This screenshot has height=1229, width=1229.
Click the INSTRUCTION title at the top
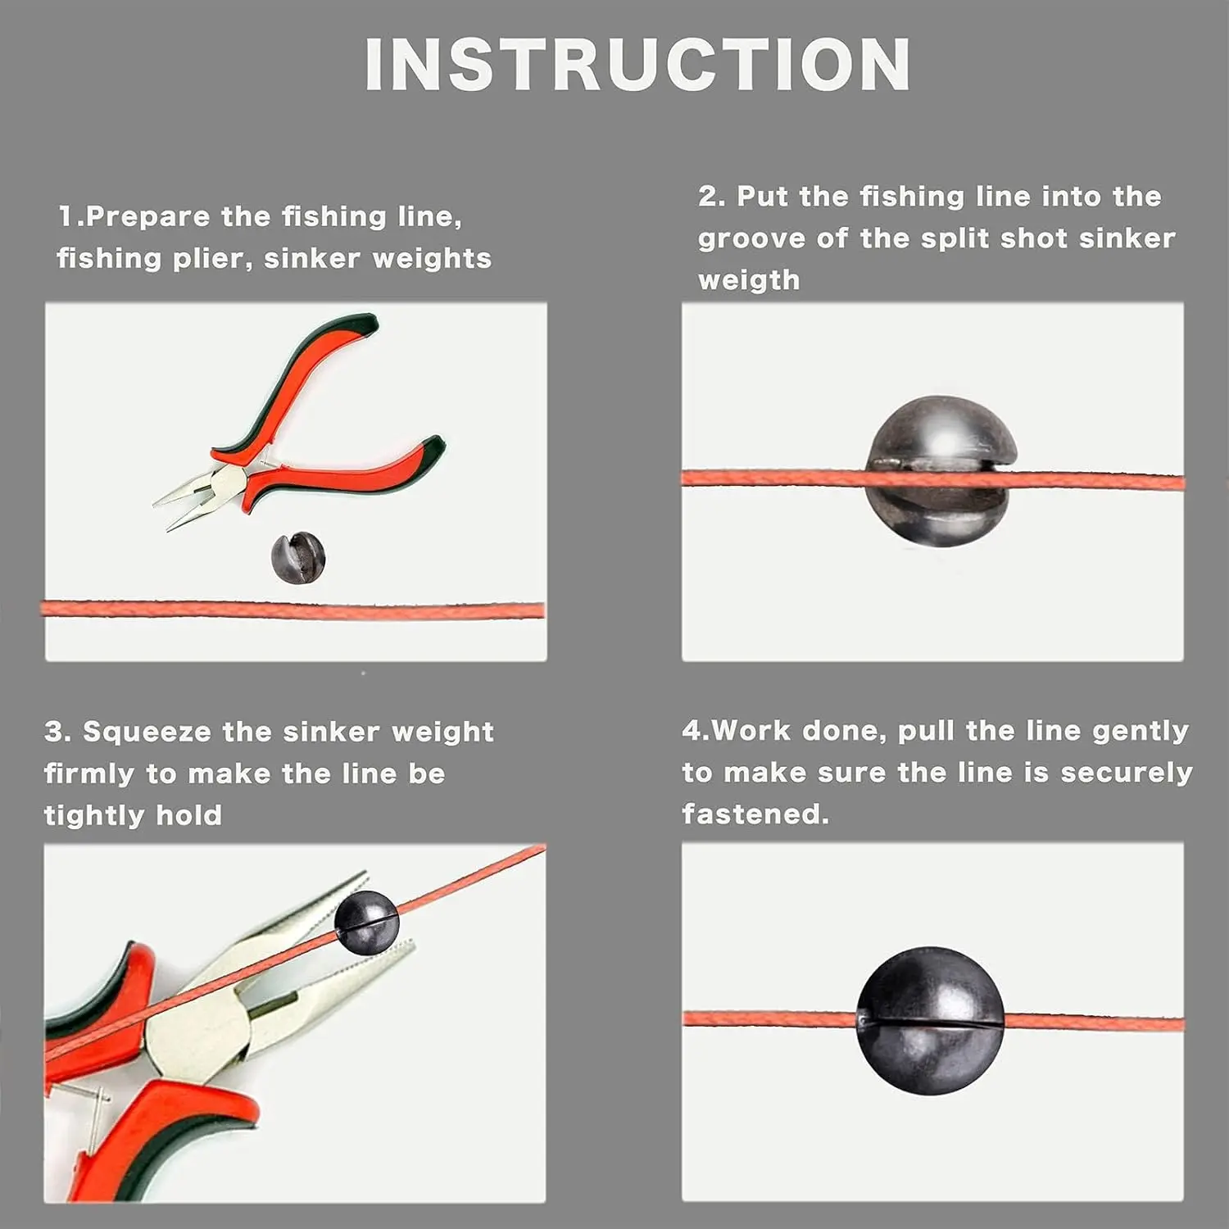click(637, 65)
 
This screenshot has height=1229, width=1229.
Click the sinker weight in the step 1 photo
click(298, 557)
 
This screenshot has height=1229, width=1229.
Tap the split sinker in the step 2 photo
click(942, 471)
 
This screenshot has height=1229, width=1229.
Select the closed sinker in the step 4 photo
click(930, 1021)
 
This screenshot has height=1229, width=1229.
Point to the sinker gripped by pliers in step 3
click(366, 923)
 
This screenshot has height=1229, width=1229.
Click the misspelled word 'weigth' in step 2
click(749, 280)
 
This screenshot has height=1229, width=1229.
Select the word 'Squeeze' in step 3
click(148, 732)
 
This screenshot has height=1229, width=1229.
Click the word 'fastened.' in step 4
click(755, 814)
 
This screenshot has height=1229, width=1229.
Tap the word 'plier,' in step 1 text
click(212, 259)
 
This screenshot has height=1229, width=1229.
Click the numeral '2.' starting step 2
click(711, 197)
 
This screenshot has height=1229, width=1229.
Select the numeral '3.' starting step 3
click(57, 732)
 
